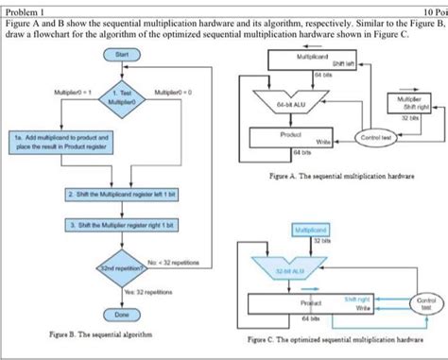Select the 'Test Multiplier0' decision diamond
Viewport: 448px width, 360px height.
pyautogui.click(x=120, y=97)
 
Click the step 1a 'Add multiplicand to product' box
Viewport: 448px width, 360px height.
pyautogui.click(x=62, y=141)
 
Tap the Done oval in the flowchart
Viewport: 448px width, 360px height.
pyautogui.click(x=121, y=313)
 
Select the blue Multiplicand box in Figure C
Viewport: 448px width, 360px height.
pyautogui.click(x=311, y=229)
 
